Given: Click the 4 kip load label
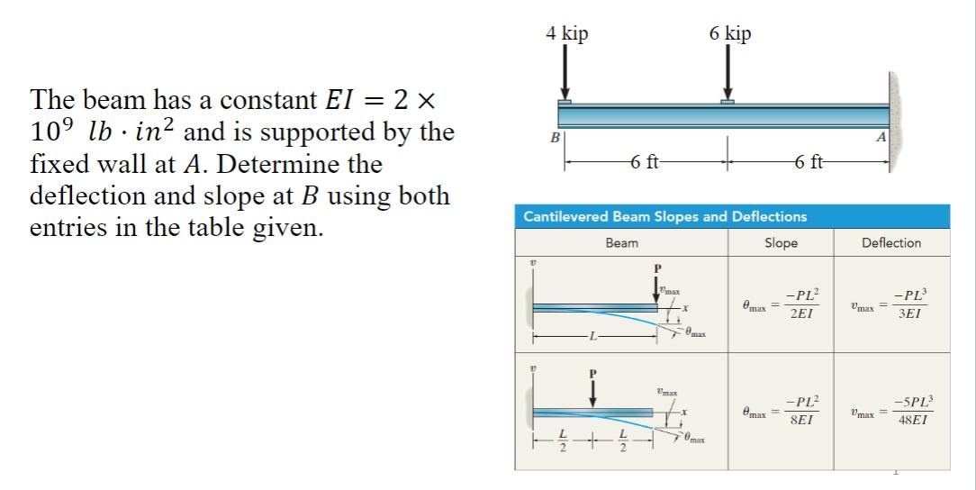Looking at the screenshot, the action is coord(566,33).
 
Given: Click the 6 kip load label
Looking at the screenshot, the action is coord(729,33).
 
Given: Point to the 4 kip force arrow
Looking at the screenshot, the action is coord(565,73).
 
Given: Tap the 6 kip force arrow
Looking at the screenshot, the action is coord(727,73).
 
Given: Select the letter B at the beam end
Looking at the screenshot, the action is coord(556,138).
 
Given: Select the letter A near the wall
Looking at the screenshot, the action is coord(880,137).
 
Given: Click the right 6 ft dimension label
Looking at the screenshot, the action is coord(810,163).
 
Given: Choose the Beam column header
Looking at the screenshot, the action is coord(621,243).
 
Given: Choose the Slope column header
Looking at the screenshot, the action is coord(781,243).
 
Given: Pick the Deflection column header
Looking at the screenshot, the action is coord(890,243).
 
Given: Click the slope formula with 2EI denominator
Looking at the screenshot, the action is coord(782,307).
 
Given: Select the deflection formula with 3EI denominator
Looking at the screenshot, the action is coord(890,307).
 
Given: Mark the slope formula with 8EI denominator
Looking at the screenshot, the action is coord(782,411).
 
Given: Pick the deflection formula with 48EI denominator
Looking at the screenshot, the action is coord(890,411).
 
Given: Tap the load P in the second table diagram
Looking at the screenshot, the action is coord(592,372).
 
